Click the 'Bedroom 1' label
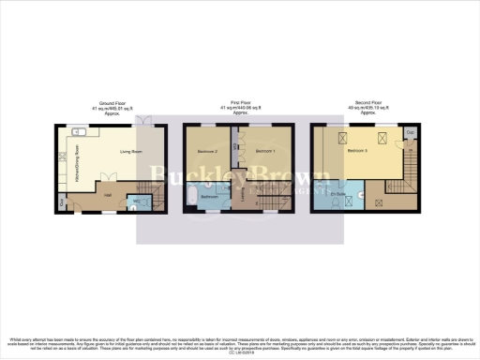(265, 151)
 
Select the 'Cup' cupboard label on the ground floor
(63, 202)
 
